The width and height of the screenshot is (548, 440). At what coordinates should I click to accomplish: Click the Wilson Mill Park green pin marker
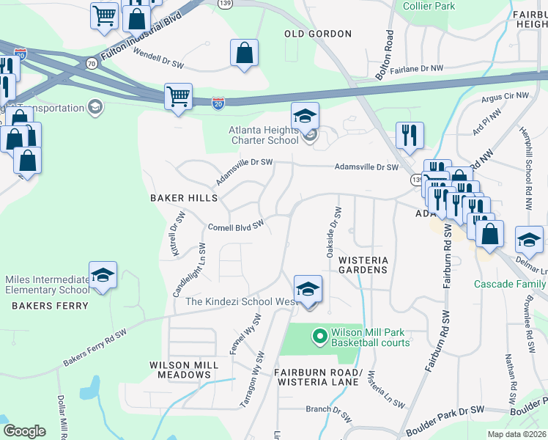(319, 337)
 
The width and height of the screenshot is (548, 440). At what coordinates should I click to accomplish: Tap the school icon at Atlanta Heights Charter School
(306, 114)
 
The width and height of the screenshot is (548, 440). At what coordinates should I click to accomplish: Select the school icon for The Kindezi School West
(308, 287)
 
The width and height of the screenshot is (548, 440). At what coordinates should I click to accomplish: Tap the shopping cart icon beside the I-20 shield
(178, 95)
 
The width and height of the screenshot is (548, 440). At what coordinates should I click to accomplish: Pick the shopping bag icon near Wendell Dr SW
(244, 53)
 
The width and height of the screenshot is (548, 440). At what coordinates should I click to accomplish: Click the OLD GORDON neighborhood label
(318, 34)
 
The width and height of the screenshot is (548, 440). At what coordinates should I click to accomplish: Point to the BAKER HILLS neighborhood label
(183, 198)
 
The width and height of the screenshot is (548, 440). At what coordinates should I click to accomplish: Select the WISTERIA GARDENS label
(363, 265)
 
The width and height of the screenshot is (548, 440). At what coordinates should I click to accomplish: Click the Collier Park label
(429, 7)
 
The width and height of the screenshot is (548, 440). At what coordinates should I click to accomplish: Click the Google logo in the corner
(23, 431)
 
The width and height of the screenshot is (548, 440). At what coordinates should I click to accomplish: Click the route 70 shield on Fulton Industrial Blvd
(91, 64)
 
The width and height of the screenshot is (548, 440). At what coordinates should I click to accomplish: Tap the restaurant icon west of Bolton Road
(409, 134)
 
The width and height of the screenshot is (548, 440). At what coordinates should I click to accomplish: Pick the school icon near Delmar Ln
(529, 239)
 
